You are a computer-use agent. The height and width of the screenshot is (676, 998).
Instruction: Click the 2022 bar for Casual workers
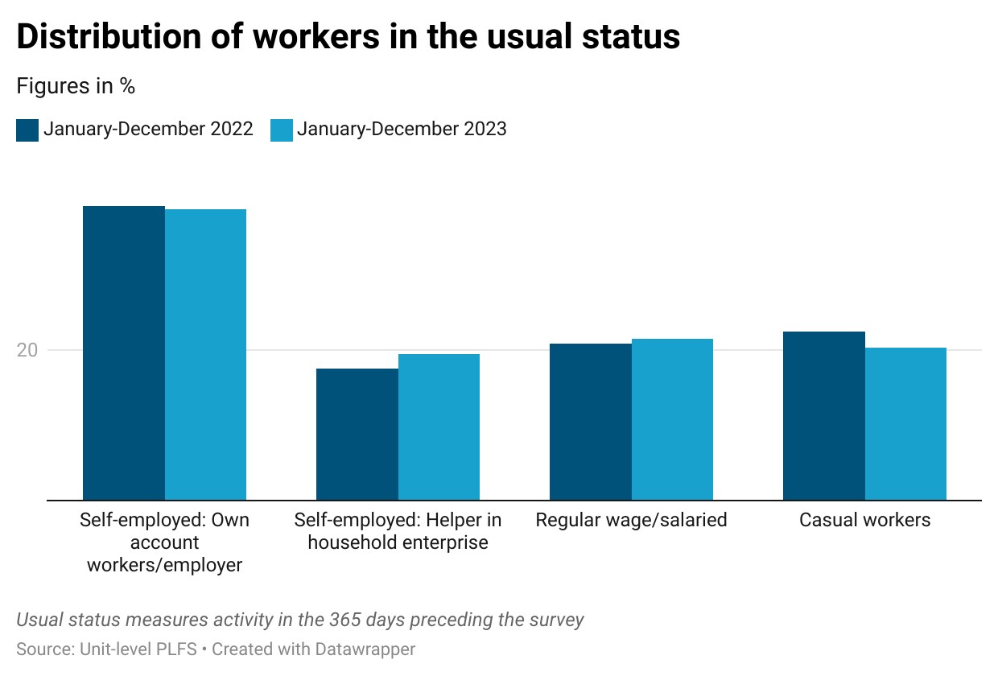pyautogui.click(x=824, y=416)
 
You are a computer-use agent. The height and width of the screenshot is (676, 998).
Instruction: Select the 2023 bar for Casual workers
pyautogui.click(x=905, y=424)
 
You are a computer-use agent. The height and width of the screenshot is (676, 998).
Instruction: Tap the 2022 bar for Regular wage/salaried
pyautogui.click(x=590, y=422)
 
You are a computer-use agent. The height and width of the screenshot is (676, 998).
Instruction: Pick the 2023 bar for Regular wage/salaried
pyautogui.click(x=672, y=419)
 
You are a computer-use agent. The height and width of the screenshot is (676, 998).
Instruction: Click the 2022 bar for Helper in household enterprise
pyautogui.click(x=357, y=434)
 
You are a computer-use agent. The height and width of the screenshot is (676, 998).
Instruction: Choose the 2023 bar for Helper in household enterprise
pyautogui.click(x=439, y=427)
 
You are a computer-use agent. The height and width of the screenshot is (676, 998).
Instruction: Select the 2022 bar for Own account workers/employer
pyautogui.click(x=124, y=353)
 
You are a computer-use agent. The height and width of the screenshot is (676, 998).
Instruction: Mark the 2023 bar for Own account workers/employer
pyautogui.click(x=205, y=355)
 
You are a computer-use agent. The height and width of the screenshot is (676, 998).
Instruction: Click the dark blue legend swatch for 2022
pyautogui.click(x=27, y=130)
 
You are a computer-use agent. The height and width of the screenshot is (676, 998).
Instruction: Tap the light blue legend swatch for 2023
pyautogui.click(x=282, y=130)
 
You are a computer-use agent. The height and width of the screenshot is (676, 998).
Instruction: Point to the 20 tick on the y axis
pyautogui.click(x=27, y=350)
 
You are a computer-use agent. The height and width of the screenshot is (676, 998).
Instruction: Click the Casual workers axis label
pyautogui.click(x=864, y=520)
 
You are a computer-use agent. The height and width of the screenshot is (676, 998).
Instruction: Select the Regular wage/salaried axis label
pyautogui.click(x=631, y=520)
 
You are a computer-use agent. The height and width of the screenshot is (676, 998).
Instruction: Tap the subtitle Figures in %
pyautogui.click(x=76, y=85)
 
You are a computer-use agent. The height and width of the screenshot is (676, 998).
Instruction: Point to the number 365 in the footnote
pyautogui.click(x=344, y=620)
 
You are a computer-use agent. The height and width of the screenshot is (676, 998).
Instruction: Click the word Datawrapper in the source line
pyautogui.click(x=365, y=649)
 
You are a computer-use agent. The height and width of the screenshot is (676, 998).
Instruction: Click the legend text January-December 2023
pyautogui.click(x=402, y=130)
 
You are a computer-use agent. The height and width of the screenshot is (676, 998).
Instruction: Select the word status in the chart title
pyautogui.click(x=631, y=36)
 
